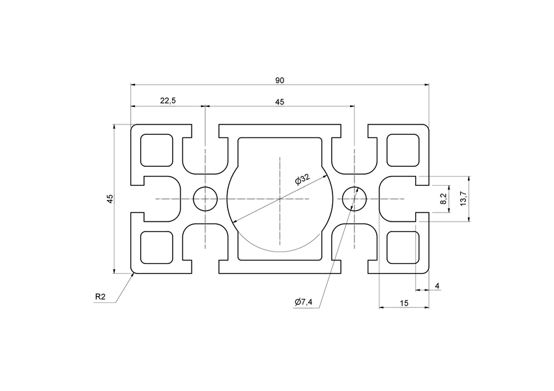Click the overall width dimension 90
(280, 80)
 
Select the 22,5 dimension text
(168, 101)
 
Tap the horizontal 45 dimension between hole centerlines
(280, 102)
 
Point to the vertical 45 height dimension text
(110, 198)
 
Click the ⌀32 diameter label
(302, 179)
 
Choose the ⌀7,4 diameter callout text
(304, 302)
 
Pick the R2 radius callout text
(100, 297)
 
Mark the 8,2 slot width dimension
(444, 198)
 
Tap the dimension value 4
(437, 285)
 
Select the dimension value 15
(404, 302)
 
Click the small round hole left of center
(205, 198)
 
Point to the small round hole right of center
(354, 198)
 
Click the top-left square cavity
(157, 150)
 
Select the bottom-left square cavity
(157, 247)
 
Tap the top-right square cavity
(403, 150)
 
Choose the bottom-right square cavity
(403, 247)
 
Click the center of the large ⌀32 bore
(280, 198)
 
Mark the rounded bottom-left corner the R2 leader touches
(134, 272)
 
